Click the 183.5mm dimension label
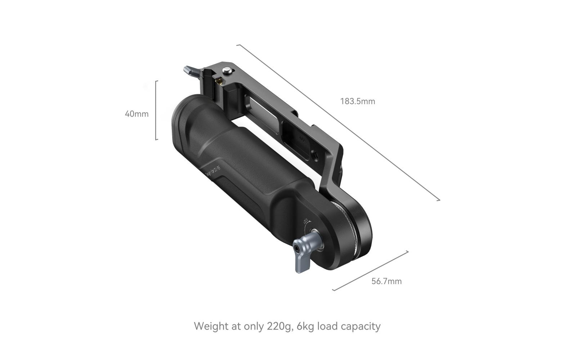(357, 102)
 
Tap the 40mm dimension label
(137, 114)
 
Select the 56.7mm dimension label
(386, 281)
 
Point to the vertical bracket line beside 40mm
(156, 110)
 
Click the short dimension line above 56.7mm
(370, 271)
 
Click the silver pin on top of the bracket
(227, 71)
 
